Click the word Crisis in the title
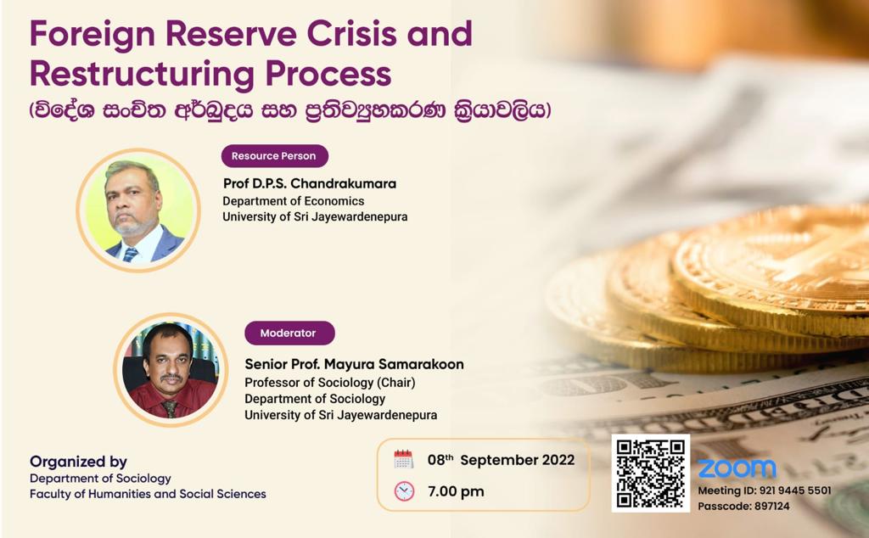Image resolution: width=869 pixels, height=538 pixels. tap(350, 33)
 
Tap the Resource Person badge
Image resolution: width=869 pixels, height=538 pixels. tap(274, 155)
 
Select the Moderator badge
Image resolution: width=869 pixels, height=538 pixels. tap(290, 333)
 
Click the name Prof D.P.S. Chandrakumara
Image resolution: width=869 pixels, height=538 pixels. tap(310, 183)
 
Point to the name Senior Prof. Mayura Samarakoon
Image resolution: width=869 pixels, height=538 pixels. tap(354, 364)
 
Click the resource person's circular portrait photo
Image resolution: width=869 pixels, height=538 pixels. tap(138, 210)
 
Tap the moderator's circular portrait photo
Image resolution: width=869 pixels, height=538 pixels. tap(171, 370)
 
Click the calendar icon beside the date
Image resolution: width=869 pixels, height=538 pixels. tap(403, 459)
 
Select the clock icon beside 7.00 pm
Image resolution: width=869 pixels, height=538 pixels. tap(404, 491)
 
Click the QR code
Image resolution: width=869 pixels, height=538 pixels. tap(651, 474)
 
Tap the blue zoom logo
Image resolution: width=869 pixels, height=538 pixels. tap(737, 468)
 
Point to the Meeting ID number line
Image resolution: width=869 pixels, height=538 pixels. tap(765, 490)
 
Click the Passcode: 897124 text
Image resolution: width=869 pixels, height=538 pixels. tap(743, 506)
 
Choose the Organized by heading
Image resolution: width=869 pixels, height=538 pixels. tap(78, 462)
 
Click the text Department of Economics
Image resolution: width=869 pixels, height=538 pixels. tap(293, 201)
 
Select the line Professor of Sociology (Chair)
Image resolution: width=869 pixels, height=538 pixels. tap(330, 383)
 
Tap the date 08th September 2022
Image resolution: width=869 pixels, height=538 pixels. tap(501, 460)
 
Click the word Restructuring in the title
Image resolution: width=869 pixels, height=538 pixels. tap(143, 74)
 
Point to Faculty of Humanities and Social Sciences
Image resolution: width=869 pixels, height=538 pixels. tap(148, 494)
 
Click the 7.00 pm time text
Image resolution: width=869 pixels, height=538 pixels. tap(456, 491)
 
